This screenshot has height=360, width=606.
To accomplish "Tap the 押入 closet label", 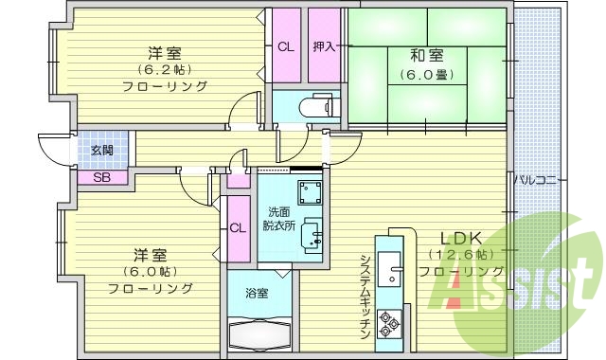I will click(323, 46).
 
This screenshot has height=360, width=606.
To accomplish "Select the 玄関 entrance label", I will click(101, 151).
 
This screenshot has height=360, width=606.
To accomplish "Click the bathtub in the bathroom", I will click(258, 333).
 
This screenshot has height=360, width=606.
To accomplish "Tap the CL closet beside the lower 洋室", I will click(238, 226).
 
